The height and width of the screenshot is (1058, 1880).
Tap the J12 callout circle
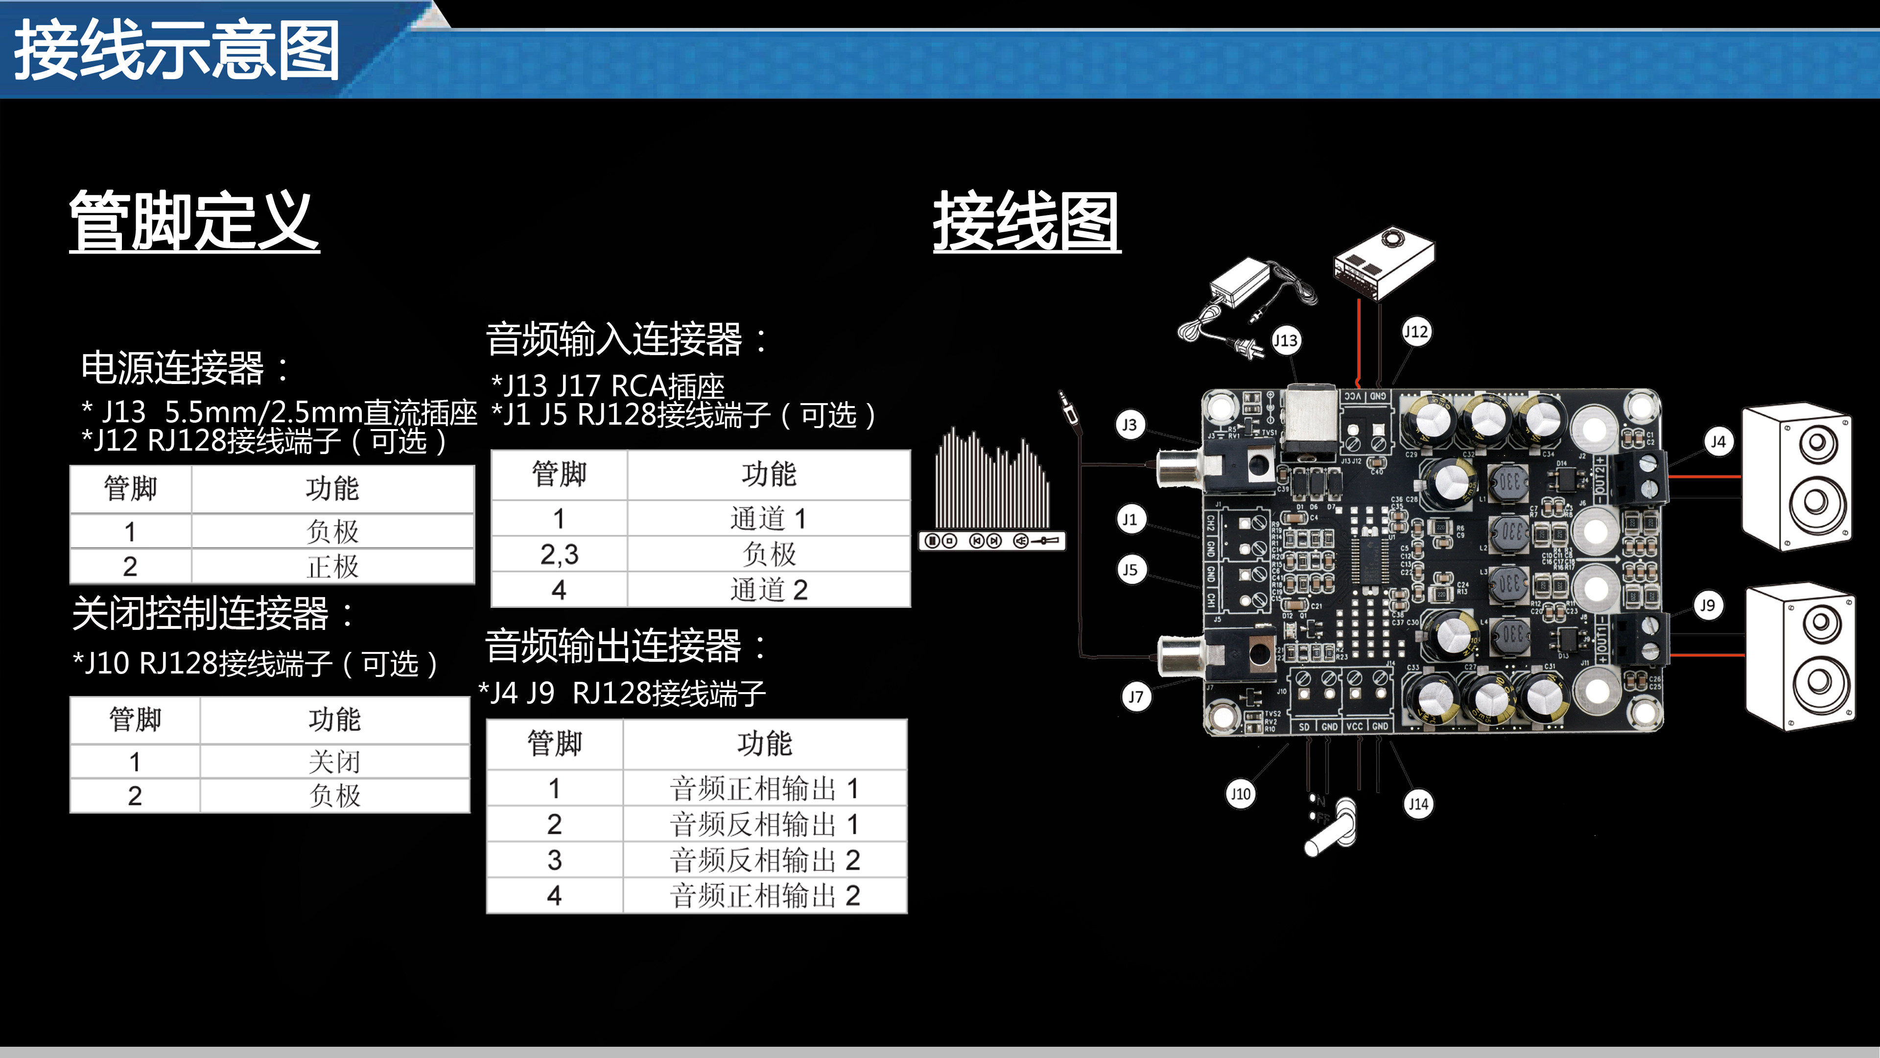pyautogui.click(x=1416, y=332)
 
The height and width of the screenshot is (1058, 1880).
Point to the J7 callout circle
pyautogui.click(x=1136, y=697)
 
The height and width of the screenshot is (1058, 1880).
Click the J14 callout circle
pyautogui.click(x=1418, y=804)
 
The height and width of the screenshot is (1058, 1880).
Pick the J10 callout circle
pyautogui.click(x=1240, y=793)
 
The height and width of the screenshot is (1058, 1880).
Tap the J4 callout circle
pyautogui.click(x=1719, y=442)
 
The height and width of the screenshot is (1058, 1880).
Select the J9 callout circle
pyautogui.click(x=1708, y=605)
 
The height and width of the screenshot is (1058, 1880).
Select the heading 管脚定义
pyautogui.click(x=194, y=221)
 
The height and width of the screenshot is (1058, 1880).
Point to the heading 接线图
pyautogui.click(x=1026, y=221)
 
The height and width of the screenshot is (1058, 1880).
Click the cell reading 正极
pyautogui.click(x=333, y=567)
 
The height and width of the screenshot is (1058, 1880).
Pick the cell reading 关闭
pyautogui.click(x=334, y=762)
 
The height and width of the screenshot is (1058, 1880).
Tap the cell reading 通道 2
pyautogui.click(x=769, y=590)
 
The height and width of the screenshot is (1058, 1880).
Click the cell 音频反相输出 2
pyautogui.click(x=765, y=860)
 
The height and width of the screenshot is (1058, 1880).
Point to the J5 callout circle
pyautogui.click(x=1130, y=570)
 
